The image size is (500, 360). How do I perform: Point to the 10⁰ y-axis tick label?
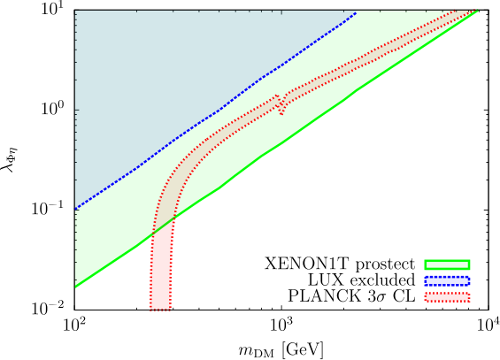coord(56,109)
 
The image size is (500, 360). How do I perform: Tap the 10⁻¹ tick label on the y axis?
coord(51,209)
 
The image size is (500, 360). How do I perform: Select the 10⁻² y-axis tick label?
coord(51,309)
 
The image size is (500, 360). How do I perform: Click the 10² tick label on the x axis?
coord(74,326)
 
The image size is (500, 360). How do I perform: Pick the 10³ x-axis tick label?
coord(282,326)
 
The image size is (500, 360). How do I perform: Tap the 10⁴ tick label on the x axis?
coord(488,326)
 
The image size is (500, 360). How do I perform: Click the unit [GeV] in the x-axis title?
coord(303,349)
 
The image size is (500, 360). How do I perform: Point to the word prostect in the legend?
coord(386,264)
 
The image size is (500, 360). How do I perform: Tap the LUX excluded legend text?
coord(362,280)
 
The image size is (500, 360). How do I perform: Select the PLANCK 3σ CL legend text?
coord(351,296)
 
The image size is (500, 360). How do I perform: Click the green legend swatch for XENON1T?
coord(447,264)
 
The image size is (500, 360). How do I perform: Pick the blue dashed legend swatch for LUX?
coord(447,280)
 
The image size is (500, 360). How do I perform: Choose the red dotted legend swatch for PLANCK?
coord(447,296)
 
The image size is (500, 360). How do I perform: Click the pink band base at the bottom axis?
coord(160,308)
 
